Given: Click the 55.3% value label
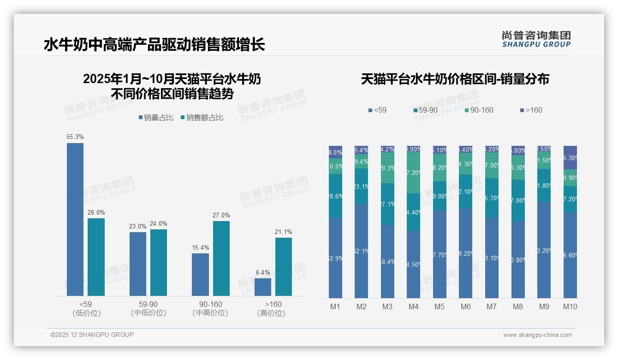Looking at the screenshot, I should pyautogui.click(x=75, y=137).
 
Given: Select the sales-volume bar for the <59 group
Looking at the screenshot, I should pyautogui.click(x=75, y=219).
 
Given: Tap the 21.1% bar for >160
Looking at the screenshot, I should pyautogui.click(x=284, y=266).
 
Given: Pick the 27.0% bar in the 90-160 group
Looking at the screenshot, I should pyautogui.click(x=221, y=258).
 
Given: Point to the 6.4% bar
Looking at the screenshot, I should pyautogui.click(x=263, y=287).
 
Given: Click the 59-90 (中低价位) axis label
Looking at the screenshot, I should pyautogui.click(x=148, y=308).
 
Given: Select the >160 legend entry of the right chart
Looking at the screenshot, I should pyautogui.click(x=531, y=110).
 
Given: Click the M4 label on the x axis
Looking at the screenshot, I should pyautogui.click(x=413, y=306).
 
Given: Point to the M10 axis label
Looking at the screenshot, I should pyautogui.click(x=570, y=306).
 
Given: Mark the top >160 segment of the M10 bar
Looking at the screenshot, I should pyautogui.click(x=570, y=157).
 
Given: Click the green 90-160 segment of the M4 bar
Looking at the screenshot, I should pyautogui.click(x=413, y=173).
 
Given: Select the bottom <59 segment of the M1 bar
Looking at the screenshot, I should pyautogui.click(x=336, y=258).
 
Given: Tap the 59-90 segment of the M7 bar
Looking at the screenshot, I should pyautogui.click(x=492, y=198).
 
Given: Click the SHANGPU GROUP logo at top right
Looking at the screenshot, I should pyautogui.click(x=536, y=39).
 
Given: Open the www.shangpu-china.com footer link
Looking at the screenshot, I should pyautogui.click(x=537, y=335).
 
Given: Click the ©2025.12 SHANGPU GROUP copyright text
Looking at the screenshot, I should pyautogui.click(x=92, y=335).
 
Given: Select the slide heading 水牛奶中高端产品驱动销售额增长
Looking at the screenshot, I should pyautogui.click(x=154, y=45).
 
